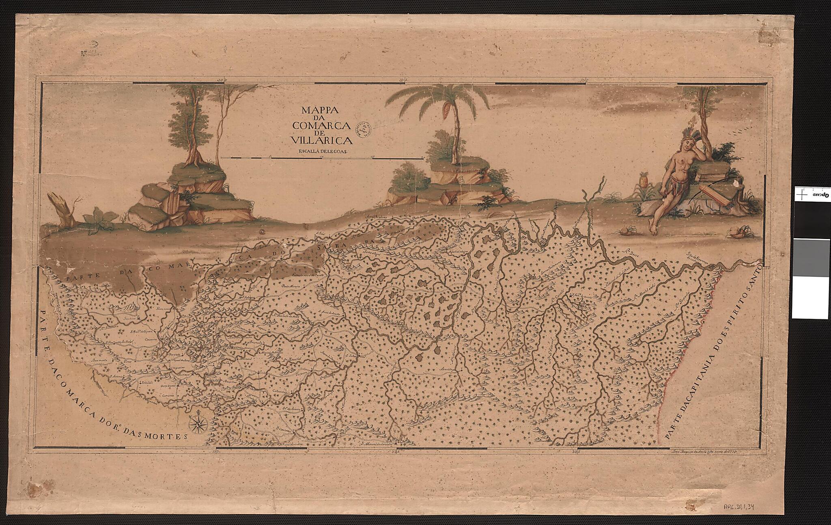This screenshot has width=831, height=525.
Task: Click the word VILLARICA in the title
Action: coord(321,140)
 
